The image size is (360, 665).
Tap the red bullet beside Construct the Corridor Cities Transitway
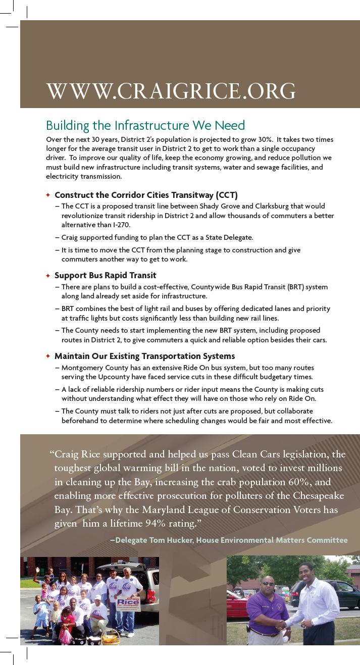pyautogui.click(x=48, y=195)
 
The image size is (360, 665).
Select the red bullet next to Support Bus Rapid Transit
pyautogui.click(x=48, y=276)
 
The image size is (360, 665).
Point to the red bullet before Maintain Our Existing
pyautogui.click(x=48, y=356)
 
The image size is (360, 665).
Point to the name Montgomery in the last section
pyautogui.click(x=82, y=368)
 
